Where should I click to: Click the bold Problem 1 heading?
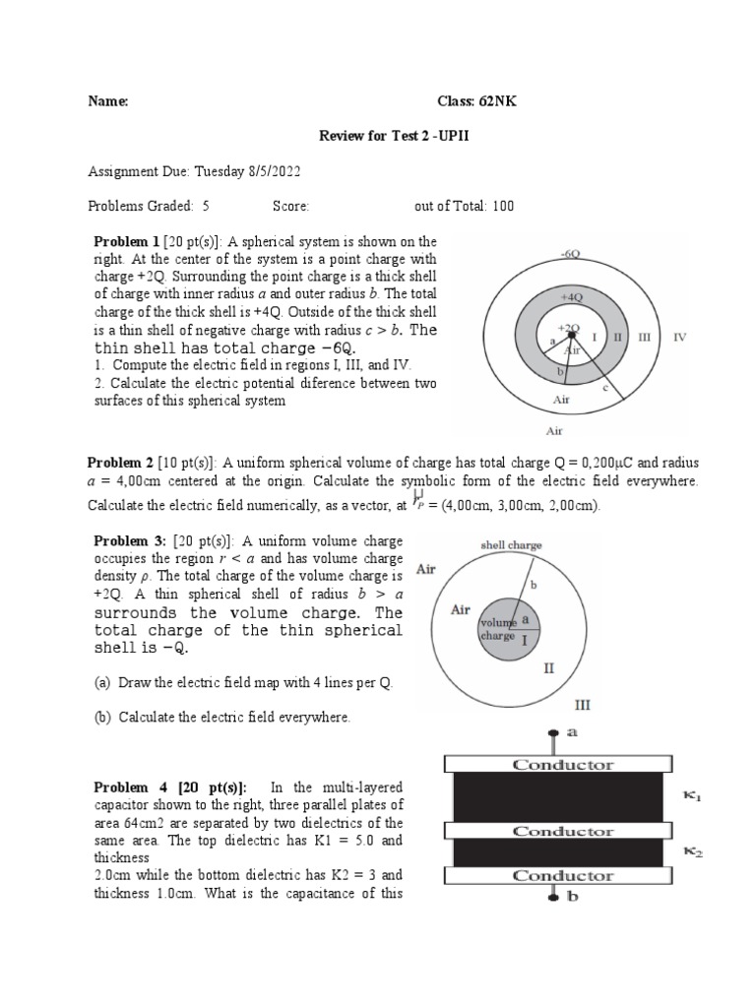click(126, 241)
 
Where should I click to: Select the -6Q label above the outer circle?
click(570, 254)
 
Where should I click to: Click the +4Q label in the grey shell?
click(572, 294)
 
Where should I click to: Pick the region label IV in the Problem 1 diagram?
click(679, 337)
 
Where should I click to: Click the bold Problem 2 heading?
click(121, 463)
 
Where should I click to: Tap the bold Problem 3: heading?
click(128, 540)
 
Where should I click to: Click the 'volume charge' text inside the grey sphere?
click(497, 629)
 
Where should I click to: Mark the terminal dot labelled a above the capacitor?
click(558, 733)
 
